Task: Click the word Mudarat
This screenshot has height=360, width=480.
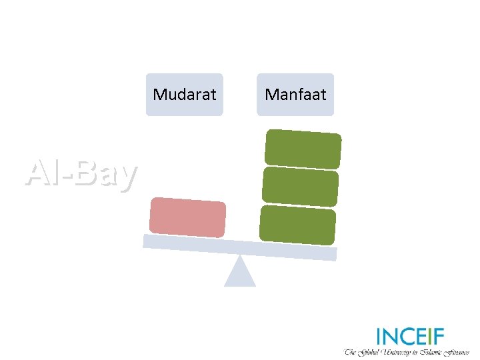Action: click(x=184, y=95)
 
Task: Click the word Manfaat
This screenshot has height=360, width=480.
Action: click(x=295, y=95)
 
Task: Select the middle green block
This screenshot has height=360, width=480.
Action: click(x=300, y=186)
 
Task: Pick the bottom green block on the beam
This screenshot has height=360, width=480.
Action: click(x=297, y=225)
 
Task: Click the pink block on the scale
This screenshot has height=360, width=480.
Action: click(x=187, y=217)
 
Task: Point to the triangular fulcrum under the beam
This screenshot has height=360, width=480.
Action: click(x=240, y=273)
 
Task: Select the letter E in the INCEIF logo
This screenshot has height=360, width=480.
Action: click(x=422, y=336)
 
